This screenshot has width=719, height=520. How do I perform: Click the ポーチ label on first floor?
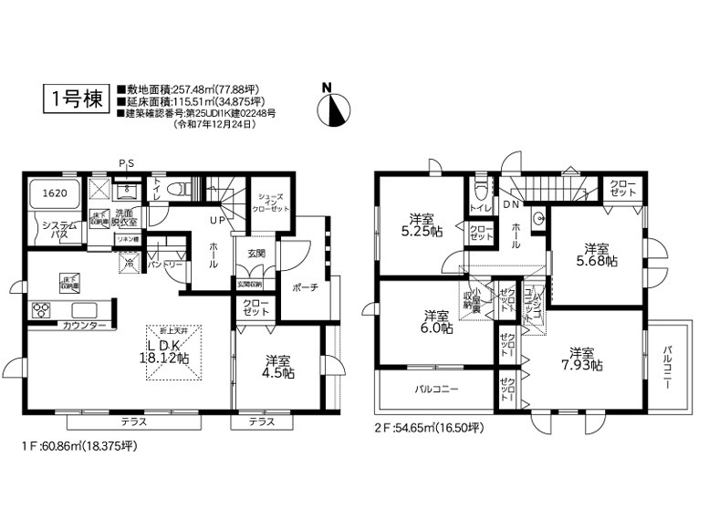point(304,287)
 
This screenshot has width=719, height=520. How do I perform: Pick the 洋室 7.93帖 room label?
point(583,359)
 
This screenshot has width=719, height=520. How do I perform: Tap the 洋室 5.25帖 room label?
point(422,225)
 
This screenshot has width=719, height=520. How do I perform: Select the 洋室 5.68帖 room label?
point(598,254)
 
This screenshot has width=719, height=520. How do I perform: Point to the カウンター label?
point(85,326)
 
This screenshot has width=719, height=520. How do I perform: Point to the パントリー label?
point(163,264)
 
